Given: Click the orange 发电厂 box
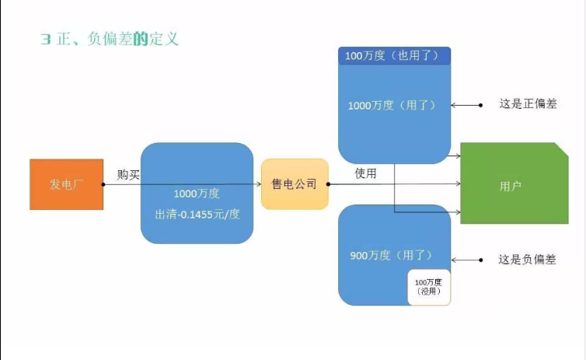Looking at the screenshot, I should (66, 184).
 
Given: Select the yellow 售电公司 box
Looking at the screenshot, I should (294, 184).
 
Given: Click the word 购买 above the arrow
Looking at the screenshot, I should (129, 174).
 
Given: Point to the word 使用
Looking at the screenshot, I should (365, 173).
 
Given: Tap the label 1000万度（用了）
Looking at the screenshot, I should (394, 105).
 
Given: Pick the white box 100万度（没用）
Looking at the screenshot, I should (429, 286).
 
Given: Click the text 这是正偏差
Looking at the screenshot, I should (528, 104).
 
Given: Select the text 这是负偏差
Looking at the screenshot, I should (527, 259).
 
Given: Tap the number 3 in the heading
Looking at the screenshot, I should (45, 38).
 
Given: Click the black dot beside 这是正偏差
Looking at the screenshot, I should (482, 104).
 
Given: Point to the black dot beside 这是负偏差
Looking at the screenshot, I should (482, 259).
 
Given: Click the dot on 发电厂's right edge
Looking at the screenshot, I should (103, 184).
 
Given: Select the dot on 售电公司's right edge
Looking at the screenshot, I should (328, 184).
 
